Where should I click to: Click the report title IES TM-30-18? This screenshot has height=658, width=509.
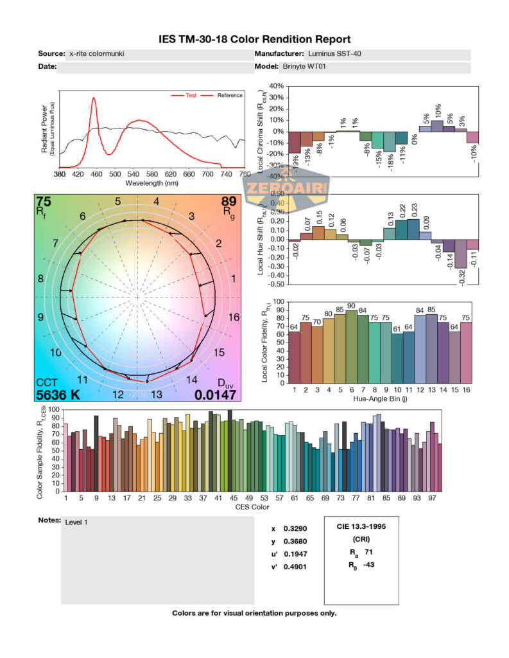tap(254, 40)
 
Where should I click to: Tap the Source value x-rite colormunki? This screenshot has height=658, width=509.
tap(96, 54)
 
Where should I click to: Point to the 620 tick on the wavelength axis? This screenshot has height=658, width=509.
tap(170, 174)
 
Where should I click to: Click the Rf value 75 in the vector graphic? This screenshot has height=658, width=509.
tap(44, 201)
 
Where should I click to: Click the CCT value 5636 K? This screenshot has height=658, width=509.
tap(58, 395)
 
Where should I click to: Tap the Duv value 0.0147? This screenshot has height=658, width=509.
tap(215, 395)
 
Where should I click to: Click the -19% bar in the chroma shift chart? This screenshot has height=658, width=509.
tap(294, 142)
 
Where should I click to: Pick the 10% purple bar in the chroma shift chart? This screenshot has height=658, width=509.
tap(436, 126)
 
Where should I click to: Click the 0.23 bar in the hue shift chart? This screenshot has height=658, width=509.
tap(413, 229)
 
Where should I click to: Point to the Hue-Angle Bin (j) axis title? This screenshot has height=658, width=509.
tap(383, 398)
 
